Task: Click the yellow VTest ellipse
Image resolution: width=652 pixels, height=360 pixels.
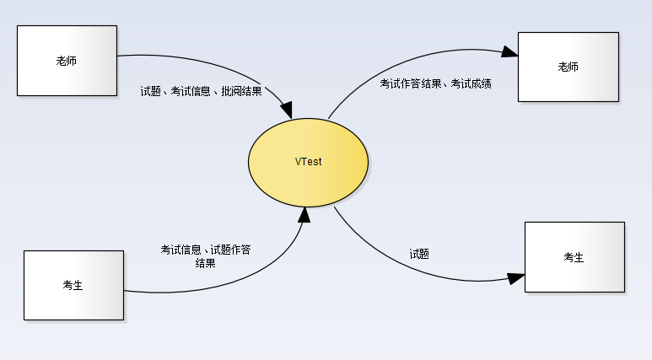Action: (308, 161)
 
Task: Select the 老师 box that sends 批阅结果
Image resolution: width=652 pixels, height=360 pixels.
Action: (67, 61)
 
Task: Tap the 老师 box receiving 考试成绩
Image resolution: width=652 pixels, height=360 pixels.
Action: (568, 67)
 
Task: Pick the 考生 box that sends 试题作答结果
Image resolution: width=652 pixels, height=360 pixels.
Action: (73, 285)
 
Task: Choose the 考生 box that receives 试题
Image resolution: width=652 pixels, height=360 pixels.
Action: (574, 257)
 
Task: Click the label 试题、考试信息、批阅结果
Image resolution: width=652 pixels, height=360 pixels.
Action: (201, 90)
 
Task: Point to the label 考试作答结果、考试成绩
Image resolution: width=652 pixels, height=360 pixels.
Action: (435, 83)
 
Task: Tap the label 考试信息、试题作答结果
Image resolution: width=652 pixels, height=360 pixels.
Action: (205, 255)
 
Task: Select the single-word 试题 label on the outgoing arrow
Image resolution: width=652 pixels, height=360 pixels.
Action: (419, 253)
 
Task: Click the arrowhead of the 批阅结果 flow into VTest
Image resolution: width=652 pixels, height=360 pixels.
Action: (286, 110)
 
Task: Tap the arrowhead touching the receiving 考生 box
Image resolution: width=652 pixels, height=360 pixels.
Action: (515, 277)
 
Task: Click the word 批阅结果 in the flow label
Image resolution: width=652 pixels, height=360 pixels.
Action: (241, 90)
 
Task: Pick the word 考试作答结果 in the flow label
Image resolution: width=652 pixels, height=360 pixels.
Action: (410, 83)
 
